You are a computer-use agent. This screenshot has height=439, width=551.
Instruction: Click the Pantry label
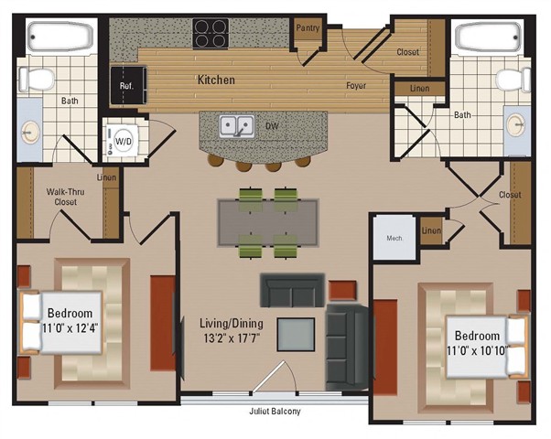click(308, 27)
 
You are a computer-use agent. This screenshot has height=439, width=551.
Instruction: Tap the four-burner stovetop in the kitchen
click(211, 33)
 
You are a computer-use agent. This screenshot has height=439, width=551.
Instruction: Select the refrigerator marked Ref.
click(128, 85)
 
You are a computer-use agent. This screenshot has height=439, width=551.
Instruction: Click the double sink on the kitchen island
click(237, 126)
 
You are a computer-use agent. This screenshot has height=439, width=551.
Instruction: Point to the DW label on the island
click(273, 126)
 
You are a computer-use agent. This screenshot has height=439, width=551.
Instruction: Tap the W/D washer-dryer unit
click(122, 142)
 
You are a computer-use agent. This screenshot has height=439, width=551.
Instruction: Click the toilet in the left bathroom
click(37, 80)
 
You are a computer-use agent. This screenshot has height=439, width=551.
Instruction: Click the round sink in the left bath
click(30, 133)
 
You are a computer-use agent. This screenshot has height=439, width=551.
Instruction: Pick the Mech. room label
click(394, 238)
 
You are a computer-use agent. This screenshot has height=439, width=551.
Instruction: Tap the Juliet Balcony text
click(275, 412)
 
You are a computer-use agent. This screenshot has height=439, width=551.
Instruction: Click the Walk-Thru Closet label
click(65, 197)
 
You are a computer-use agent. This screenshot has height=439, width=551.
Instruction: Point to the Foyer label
click(356, 85)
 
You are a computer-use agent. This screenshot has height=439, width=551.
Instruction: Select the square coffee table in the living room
click(296, 335)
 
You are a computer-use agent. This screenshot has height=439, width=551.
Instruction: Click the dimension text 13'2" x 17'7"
click(232, 337)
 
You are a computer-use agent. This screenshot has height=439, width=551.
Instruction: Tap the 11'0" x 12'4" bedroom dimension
click(70, 328)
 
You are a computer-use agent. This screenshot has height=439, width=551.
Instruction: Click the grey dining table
click(268, 222)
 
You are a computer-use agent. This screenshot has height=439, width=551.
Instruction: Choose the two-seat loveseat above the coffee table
click(292, 290)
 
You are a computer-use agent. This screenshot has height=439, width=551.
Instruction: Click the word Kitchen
click(216, 80)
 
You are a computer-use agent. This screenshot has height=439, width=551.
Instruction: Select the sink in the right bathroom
click(517, 124)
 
